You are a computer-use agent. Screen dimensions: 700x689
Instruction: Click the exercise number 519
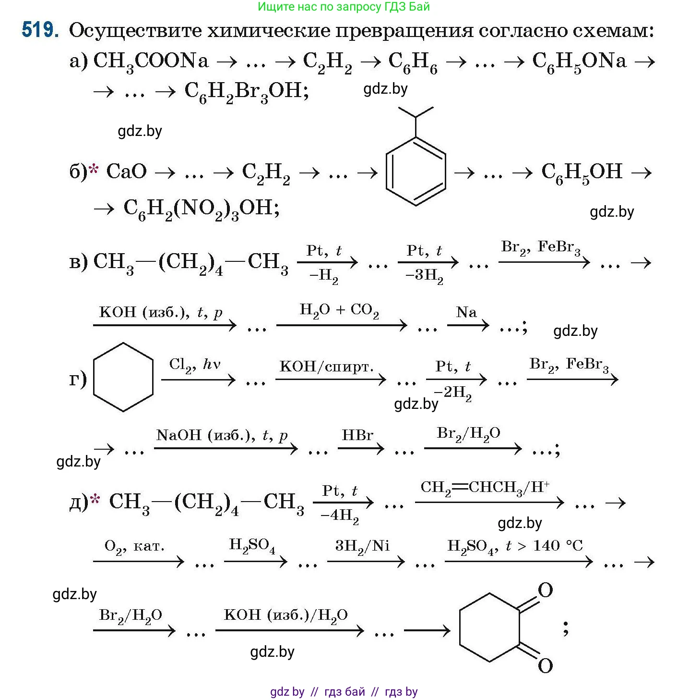click(x=40, y=31)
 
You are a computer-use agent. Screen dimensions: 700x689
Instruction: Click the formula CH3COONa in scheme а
click(x=151, y=61)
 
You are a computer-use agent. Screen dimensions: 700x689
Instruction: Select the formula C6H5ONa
click(x=579, y=61)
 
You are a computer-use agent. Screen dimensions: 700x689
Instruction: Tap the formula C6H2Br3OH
click(x=246, y=91)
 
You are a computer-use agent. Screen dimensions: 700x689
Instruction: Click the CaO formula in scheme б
click(x=126, y=172)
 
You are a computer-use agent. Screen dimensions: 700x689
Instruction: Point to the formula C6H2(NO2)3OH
click(x=201, y=209)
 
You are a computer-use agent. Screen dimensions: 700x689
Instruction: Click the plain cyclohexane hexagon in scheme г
click(x=123, y=377)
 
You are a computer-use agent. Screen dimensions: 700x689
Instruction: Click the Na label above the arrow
click(x=466, y=312)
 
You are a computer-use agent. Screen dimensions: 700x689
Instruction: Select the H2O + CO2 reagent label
click(x=339, y=310)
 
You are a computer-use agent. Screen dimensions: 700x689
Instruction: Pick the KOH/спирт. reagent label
click(x=326, y=367)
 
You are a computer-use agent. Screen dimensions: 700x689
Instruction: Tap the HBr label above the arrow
click(x=357, y=435)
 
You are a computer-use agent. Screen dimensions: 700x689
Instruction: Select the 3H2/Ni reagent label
click(x=362, y=546)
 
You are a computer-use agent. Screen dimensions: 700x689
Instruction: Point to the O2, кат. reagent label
click(x=134, y=547)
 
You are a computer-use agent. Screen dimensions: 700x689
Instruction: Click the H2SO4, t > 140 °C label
click(x=515, y=546)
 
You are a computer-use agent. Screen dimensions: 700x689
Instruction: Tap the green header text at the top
click(x=344, y=7)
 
